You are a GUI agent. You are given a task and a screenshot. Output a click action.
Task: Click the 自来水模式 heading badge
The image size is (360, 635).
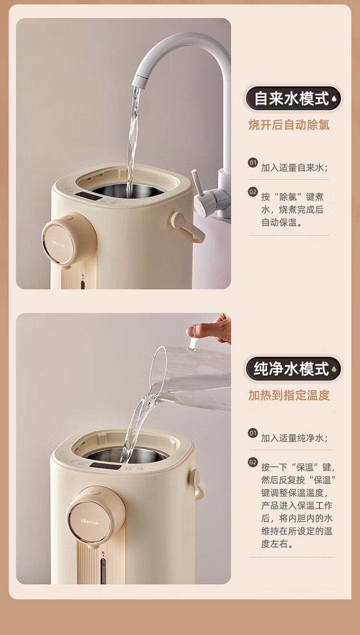293,98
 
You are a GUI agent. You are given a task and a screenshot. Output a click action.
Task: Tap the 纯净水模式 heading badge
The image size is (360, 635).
293,368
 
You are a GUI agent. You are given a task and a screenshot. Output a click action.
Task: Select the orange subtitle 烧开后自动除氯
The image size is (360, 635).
289,125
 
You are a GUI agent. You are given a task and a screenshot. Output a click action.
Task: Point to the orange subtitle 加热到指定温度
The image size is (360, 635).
289,395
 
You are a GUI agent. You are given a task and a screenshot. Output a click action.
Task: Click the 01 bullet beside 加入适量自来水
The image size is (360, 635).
252,163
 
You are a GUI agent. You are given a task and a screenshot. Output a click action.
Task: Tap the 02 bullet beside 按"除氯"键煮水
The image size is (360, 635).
252,192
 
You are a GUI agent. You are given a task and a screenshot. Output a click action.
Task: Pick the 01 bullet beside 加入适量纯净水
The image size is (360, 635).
252,433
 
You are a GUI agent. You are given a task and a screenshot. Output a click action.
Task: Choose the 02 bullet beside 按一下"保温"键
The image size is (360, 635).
252,463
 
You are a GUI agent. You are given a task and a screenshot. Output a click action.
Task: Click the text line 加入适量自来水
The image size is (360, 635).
295,168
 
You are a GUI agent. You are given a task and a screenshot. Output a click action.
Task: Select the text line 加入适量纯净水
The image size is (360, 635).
295,438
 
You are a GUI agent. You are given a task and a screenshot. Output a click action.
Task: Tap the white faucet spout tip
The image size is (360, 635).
139,81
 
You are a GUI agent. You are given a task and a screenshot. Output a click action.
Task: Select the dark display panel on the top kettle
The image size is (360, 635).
89,196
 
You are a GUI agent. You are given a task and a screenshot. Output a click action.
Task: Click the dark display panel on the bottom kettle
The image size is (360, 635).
106,465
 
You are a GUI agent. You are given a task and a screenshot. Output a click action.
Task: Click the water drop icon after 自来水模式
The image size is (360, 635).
335,98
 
